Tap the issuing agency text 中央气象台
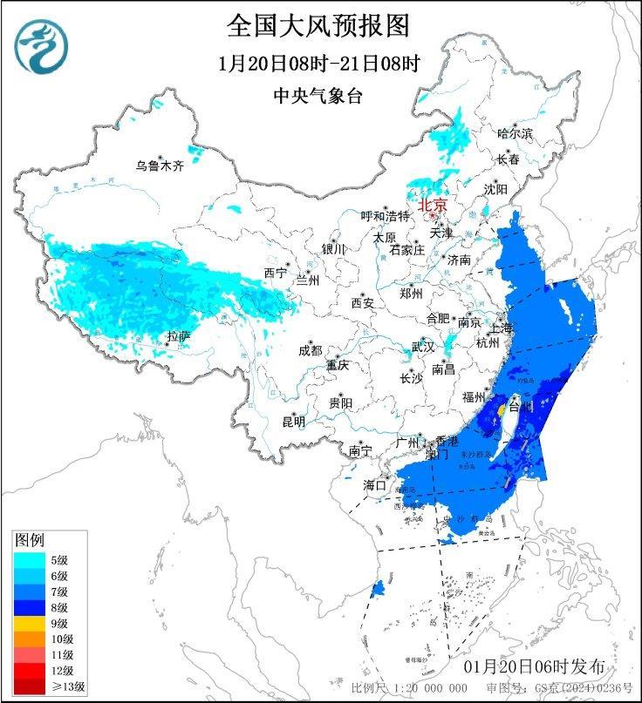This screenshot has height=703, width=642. (x=318, y=97)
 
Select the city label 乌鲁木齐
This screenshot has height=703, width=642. (x=159, y=166)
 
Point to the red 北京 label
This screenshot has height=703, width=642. (x=433, y=206)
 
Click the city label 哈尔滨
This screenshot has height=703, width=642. (x=515, y=133)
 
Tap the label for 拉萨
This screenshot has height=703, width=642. (x=179, y=336)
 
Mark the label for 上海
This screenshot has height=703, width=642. (x=502, y=328)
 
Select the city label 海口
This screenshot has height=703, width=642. (x=374, y=484)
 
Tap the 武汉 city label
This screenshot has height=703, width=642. (x=423, y=347)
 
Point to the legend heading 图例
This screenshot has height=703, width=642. (x=30, y=540)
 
